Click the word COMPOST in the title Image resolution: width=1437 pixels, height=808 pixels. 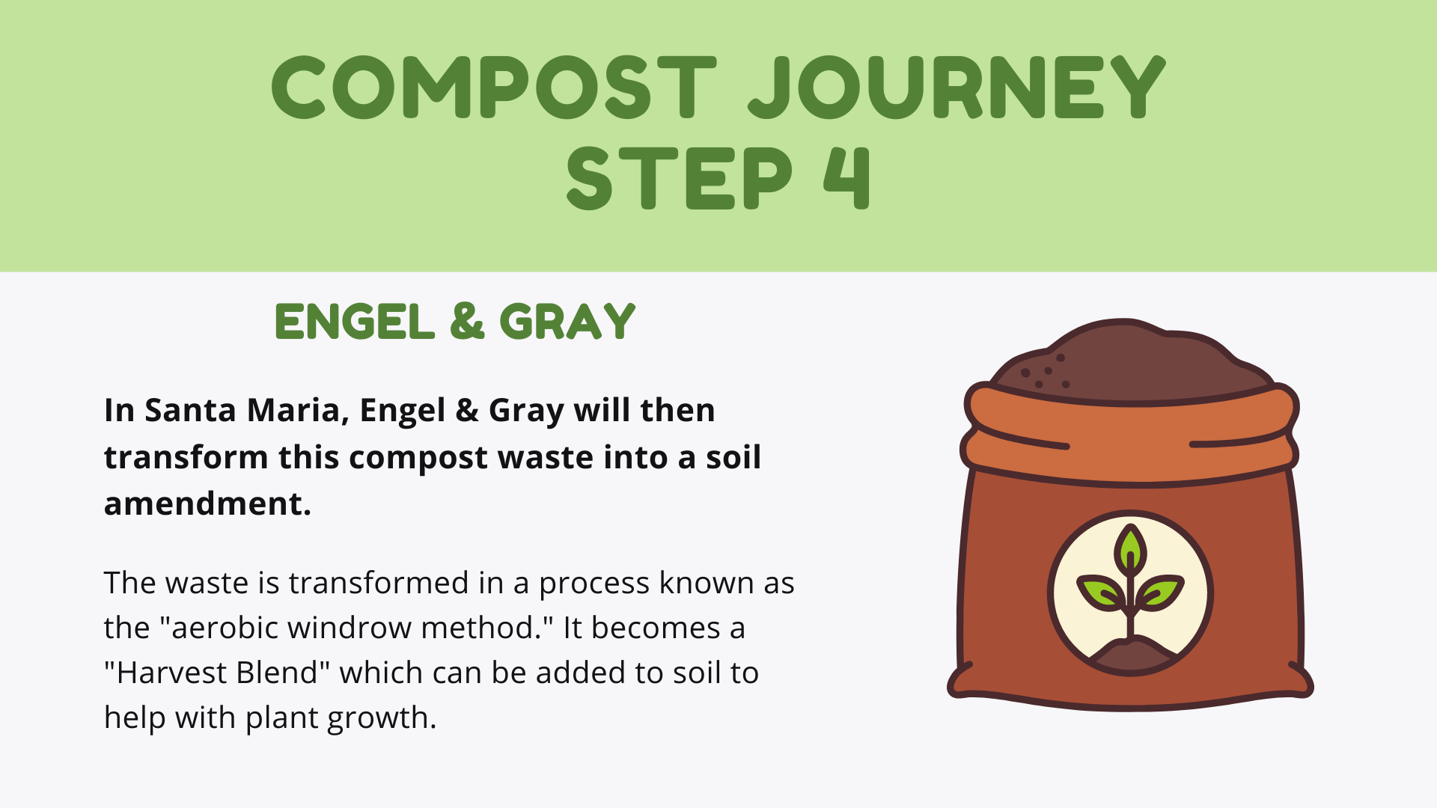[493, 87]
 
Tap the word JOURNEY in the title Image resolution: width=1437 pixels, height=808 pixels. [957, 87]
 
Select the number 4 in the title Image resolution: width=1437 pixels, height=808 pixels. [847, 177]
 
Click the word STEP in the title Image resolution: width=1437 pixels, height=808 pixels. [679, 177]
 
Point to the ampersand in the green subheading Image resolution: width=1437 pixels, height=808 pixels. [467, 322]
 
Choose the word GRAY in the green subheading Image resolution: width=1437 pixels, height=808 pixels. [567, 322]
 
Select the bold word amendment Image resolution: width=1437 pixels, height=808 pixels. [207, 504]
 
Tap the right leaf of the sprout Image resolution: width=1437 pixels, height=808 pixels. [1160, 591]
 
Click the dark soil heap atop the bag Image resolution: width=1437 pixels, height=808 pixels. [1130, 363]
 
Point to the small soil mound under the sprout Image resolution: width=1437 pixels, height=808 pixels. [1132, 655]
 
